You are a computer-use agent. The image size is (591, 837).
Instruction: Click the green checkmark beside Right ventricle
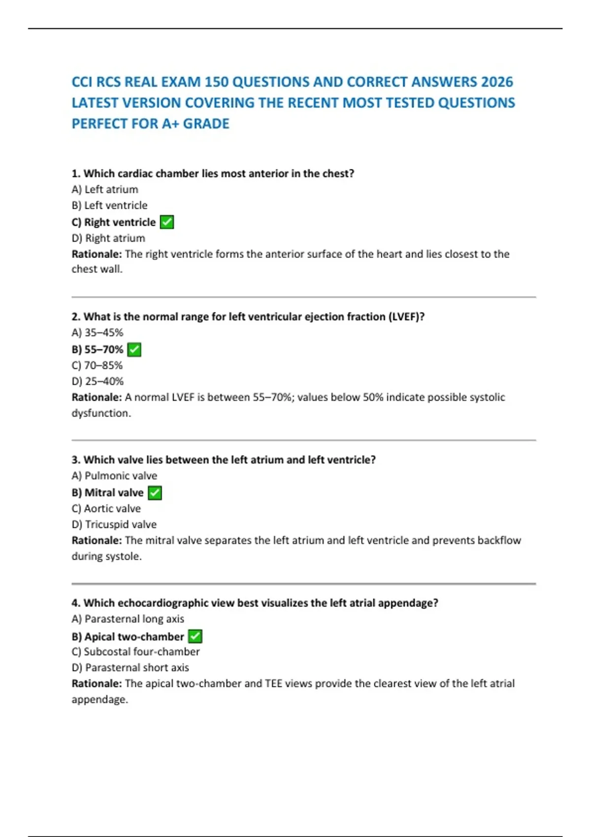[167, 222]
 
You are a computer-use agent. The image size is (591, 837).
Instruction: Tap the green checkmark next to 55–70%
[134, 350]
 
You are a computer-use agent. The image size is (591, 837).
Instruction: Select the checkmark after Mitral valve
[155, 493]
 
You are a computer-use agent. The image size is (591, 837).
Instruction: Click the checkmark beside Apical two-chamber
[195, 637]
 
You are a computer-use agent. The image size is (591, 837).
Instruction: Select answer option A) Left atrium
[105, 190]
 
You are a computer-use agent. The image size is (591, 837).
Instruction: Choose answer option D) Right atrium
[108, 238]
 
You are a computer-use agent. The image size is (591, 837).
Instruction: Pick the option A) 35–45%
[98, 333]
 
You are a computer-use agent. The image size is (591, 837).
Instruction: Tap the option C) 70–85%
[97, 365]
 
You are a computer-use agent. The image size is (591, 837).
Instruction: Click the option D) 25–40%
[98, 382]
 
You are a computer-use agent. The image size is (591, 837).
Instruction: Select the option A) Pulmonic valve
[114, 476]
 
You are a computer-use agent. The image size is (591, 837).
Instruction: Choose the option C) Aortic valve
[106, 509]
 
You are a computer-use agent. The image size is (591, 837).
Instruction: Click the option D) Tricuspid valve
[114, 525]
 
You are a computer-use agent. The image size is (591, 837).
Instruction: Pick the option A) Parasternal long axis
[128, 619]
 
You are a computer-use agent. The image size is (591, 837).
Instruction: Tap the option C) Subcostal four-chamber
[136, 652]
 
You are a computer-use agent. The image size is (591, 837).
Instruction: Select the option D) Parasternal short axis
[131, 668]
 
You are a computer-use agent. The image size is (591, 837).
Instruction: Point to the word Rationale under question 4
[97, 684]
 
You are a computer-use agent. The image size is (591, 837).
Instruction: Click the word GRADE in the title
[206, 124]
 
